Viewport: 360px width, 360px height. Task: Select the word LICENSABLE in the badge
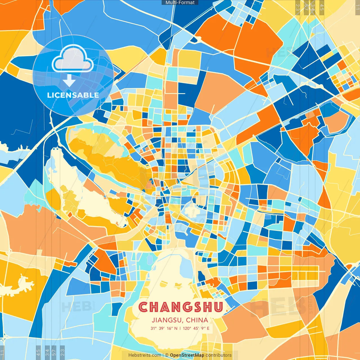(73, 95)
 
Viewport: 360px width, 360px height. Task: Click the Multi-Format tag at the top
(180, 3)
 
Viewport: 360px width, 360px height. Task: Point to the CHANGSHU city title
(181, 307)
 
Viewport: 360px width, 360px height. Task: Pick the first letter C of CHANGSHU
(143, 307)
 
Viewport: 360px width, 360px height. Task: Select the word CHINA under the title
(197, 320)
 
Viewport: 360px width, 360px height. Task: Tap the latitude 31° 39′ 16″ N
(164, 328)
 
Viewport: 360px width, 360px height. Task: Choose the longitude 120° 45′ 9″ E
(196, 328)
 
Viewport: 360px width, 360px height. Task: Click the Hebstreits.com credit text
(145, 355)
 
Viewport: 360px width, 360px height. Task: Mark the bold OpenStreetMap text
(187, 355)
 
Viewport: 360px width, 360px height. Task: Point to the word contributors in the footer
(219, 355)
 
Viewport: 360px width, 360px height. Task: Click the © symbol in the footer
(166, 355)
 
